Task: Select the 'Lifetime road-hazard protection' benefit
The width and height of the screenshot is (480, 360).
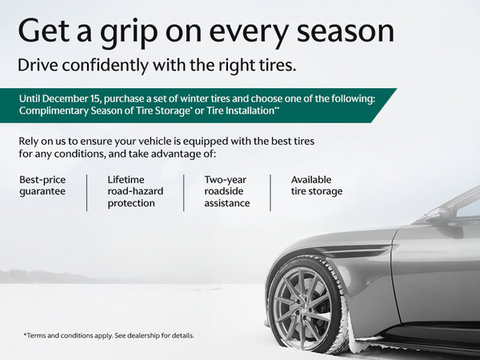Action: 132,191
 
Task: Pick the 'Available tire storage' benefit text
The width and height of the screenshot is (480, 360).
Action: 316,186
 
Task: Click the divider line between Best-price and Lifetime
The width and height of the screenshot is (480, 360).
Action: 87,191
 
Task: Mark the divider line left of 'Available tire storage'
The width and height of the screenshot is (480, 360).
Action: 270,191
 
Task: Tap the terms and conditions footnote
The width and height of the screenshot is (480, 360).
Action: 109,334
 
